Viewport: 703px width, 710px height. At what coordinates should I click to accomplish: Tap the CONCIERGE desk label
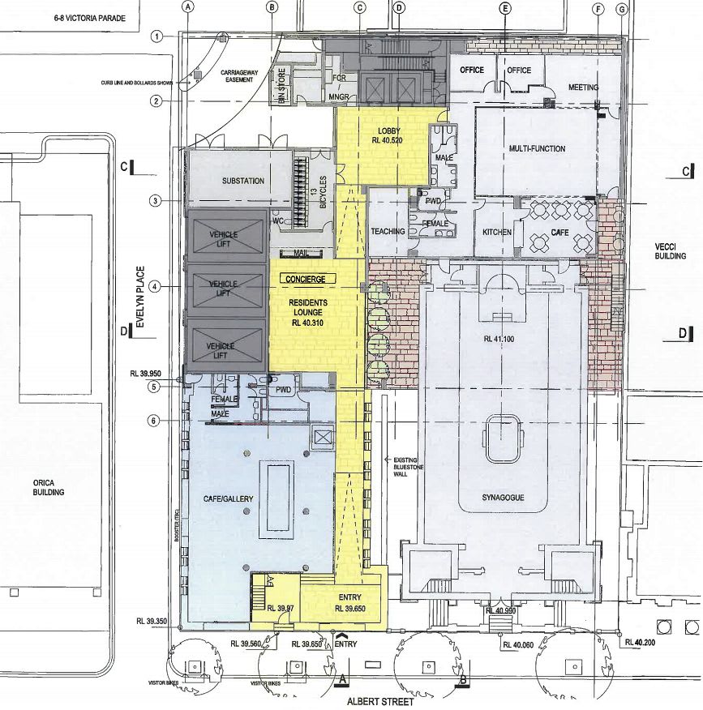(x=305, y=279)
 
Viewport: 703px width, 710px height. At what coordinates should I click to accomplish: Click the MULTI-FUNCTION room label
(x=537, y=149)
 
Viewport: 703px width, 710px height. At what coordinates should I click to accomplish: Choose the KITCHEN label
(x=497, y=232)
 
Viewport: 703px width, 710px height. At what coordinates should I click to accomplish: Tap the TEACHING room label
(x=388, y=232)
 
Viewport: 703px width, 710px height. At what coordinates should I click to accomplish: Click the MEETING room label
(x=583, y=88)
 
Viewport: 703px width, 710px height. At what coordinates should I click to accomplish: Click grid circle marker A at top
(x=190, y=7)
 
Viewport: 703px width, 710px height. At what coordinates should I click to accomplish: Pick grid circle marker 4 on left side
(x=154, y=285)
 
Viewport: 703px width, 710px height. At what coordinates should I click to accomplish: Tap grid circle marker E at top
(x=506, y=9)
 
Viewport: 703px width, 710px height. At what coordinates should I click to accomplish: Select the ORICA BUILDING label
(x=49, y=487)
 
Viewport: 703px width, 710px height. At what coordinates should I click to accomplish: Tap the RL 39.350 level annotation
(x=152, y=622)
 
